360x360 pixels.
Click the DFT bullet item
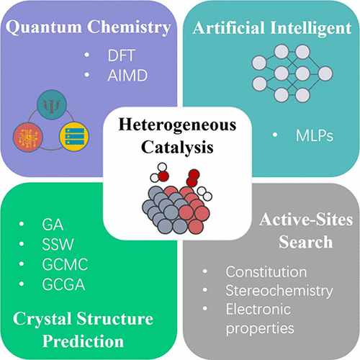[122, 55]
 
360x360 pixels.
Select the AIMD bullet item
[127, 76]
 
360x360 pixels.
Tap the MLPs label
[315, 136]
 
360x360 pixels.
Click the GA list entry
[53, 225]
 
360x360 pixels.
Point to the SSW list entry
[58, 245]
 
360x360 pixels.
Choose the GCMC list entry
[65, 264]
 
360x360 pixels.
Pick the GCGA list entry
[63, 284]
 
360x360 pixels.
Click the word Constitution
[266, 272]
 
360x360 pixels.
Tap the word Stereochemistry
[279, 291]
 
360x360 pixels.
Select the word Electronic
[258, 309]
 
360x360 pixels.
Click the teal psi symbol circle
[52, 104]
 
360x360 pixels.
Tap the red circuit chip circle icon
[28, 138]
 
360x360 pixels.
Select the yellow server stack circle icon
[74, 136]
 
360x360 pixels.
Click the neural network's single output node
[325, 73]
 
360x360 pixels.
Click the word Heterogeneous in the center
[177, 125]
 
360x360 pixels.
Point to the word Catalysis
[177, 147]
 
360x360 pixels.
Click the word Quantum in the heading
[44, 27]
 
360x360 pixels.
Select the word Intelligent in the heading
[311, 29]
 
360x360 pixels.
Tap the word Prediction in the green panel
[83, 341]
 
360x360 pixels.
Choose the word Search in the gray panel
[306, 242]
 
